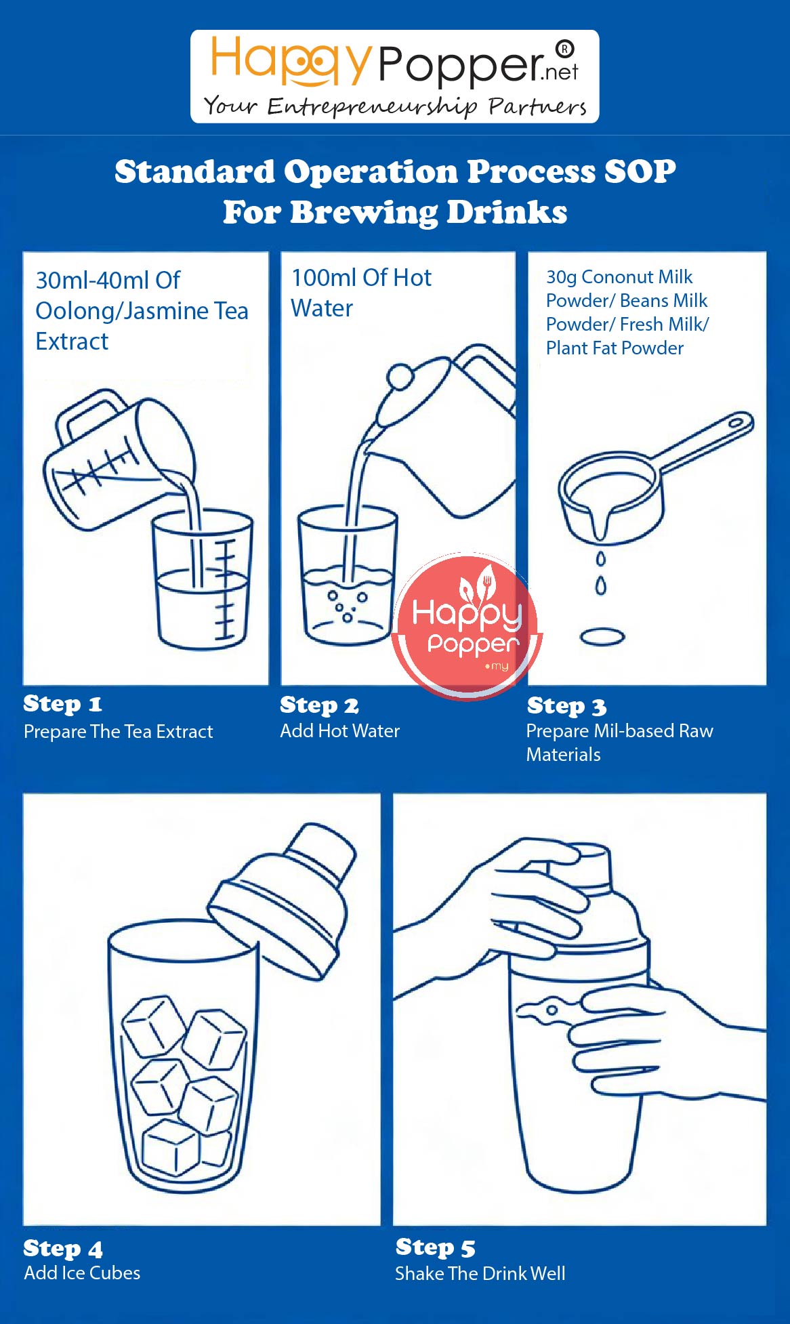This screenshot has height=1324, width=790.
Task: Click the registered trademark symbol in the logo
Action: pos(564,49)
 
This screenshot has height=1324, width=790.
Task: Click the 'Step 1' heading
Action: pos(62,704)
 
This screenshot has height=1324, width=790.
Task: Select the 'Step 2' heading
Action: pos(319,705)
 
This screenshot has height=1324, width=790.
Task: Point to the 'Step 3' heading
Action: pos(566,706)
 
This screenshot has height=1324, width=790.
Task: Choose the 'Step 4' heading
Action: pos(63,1248)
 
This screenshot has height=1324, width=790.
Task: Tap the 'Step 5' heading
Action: pos(436,1247)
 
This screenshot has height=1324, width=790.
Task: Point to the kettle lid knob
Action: pos(400,376)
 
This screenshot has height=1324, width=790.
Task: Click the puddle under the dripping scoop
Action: pos(602,637)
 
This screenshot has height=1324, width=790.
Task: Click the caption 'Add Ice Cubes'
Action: pos(82,1273)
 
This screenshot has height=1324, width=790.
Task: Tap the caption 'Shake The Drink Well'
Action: pos(480,1274)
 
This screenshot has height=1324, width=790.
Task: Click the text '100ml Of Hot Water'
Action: pos(361,293)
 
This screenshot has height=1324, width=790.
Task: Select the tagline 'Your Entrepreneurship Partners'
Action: pos(395,106)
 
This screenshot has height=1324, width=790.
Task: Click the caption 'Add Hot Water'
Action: pos(340,731)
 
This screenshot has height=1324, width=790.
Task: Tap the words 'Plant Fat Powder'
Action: pos(615,348)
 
